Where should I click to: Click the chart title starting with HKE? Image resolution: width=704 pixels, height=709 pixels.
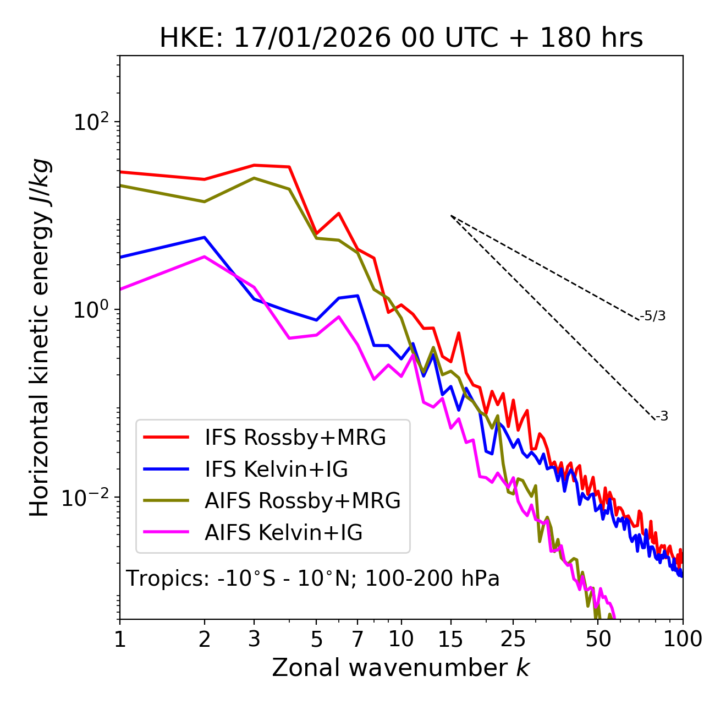click(401, 39)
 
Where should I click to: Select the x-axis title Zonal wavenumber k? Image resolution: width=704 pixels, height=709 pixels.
click(400, 668)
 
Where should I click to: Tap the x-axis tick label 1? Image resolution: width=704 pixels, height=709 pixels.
click(120, 639)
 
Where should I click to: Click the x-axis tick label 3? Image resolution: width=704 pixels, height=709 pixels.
click(254, 639)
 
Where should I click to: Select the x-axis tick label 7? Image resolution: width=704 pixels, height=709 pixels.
click(358, 639)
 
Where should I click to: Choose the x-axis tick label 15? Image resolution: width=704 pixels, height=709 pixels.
click(451, 639)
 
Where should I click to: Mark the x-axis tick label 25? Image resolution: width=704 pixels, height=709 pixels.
click(513, 639)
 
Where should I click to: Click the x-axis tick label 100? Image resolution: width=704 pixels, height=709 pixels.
click(683, 639)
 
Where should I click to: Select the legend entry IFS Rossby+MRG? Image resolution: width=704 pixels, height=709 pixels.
click(295, 438)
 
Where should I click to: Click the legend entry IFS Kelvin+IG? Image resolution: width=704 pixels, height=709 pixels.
click(276, 470)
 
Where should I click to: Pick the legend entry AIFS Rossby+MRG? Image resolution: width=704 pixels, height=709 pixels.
click(302, 501)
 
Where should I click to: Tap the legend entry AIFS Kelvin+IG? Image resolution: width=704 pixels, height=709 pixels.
click(283, 533)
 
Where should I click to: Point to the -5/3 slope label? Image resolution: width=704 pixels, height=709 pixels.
click(653, 317)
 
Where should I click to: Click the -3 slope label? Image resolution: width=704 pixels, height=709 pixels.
click(662, 417)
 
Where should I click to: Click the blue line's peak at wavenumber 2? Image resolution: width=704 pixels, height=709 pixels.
click(205, 237)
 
